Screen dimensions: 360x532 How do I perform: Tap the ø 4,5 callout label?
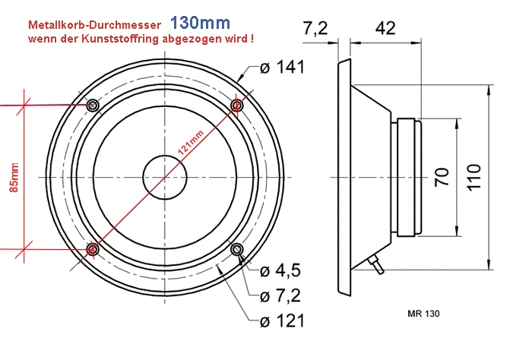281,271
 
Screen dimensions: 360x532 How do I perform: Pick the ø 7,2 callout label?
281,295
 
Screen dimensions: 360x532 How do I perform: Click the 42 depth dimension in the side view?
386,29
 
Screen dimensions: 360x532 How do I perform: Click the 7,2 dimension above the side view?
315,29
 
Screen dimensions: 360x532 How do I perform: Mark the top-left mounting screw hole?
93,104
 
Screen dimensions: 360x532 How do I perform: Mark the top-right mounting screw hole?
237,104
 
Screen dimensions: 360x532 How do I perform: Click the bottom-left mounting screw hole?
93,248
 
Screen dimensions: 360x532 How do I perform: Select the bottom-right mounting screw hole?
237,248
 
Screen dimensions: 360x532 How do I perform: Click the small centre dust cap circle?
165,176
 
